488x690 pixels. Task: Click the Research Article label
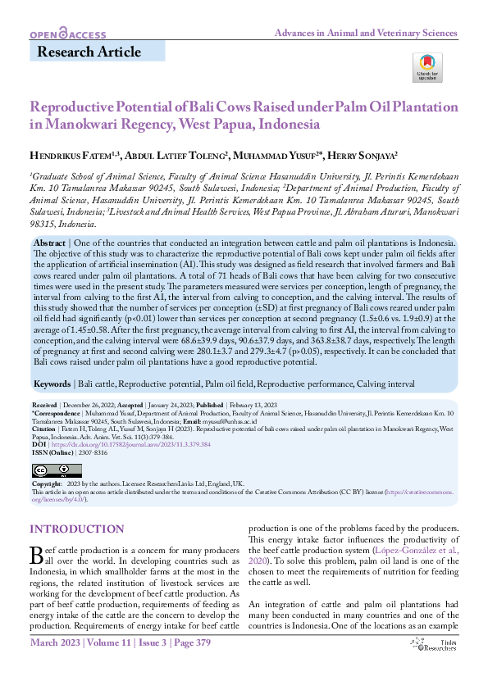coord(89,52)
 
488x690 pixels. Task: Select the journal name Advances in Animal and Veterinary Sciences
coord(366,32)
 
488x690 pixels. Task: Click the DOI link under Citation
coord(135,444)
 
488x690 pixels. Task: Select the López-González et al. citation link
coord(409,539)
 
